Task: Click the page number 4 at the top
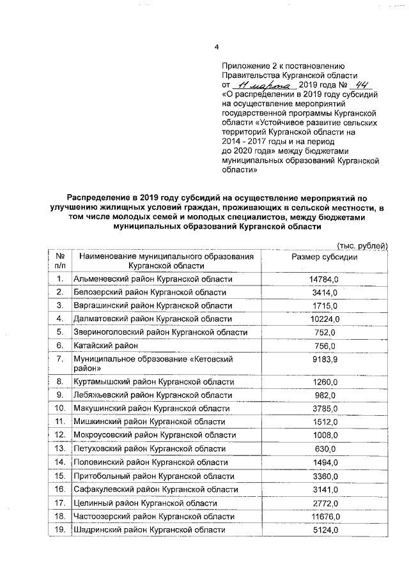pyautogui.click(x=217, y=47)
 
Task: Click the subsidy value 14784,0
pyautogui.click(x=323, y=279)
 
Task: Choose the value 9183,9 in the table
pyautogui.click(x=323, y=360)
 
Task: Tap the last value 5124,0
pyautogui.click(x=323, y=529)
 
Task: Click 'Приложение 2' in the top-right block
pyautogui.click(x=247, y=66)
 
